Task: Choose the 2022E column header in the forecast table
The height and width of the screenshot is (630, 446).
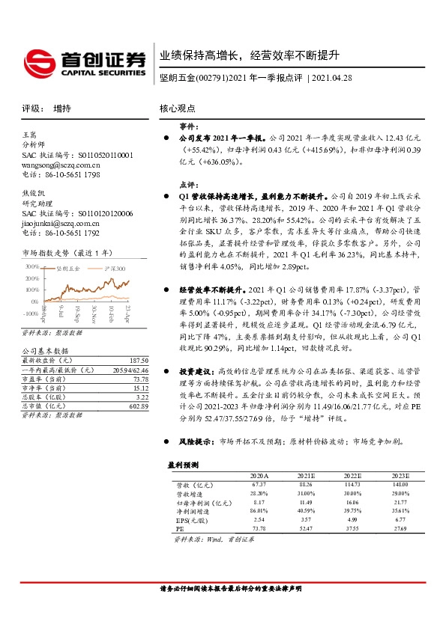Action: point(352,475)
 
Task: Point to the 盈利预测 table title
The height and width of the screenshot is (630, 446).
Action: point(184,465)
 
